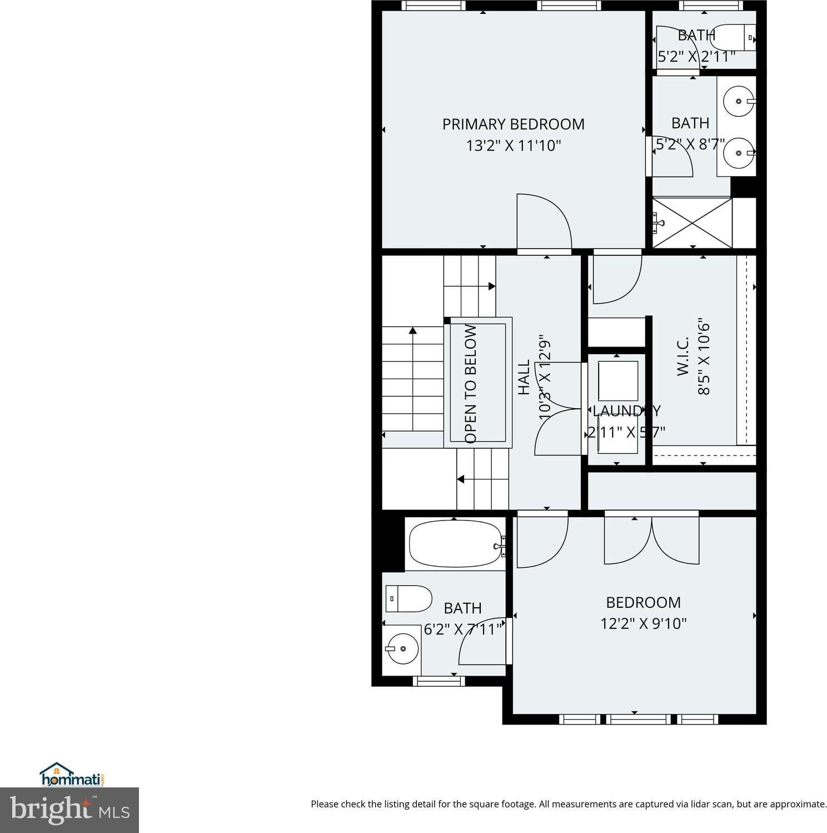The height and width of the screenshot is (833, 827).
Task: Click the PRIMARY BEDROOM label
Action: click(x=513, y=124)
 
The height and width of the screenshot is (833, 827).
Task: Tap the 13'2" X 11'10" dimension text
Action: click(x=513, y=146)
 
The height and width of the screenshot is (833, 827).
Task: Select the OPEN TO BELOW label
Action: click(x=471, y=384)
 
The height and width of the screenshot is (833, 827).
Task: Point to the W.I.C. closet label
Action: click(x=683, y=356)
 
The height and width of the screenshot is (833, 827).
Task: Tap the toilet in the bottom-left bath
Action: click(x=408, y=599)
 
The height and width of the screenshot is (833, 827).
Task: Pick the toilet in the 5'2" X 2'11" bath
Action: click(x=733, y=37)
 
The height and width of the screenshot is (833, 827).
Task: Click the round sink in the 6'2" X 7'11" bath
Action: click(x=402, y=648)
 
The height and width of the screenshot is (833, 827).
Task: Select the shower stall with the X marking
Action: click(x=692, y=222)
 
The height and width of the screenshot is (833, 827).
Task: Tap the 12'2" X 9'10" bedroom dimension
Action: click(x=644, y=623)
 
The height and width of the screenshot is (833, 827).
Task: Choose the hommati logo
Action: click(x=72, y=775)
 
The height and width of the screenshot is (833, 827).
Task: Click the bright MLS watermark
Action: click(x=69, y=810)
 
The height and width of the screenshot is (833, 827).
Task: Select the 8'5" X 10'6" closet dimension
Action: click(x=704, y=356)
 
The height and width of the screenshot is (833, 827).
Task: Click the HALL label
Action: click(x=524, y=378)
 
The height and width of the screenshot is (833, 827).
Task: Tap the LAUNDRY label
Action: click(x=626, y=411)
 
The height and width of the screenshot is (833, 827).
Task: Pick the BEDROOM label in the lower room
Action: click(x=643, y=602)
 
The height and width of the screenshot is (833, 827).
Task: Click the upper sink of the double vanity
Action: click(x=739, y=101)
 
